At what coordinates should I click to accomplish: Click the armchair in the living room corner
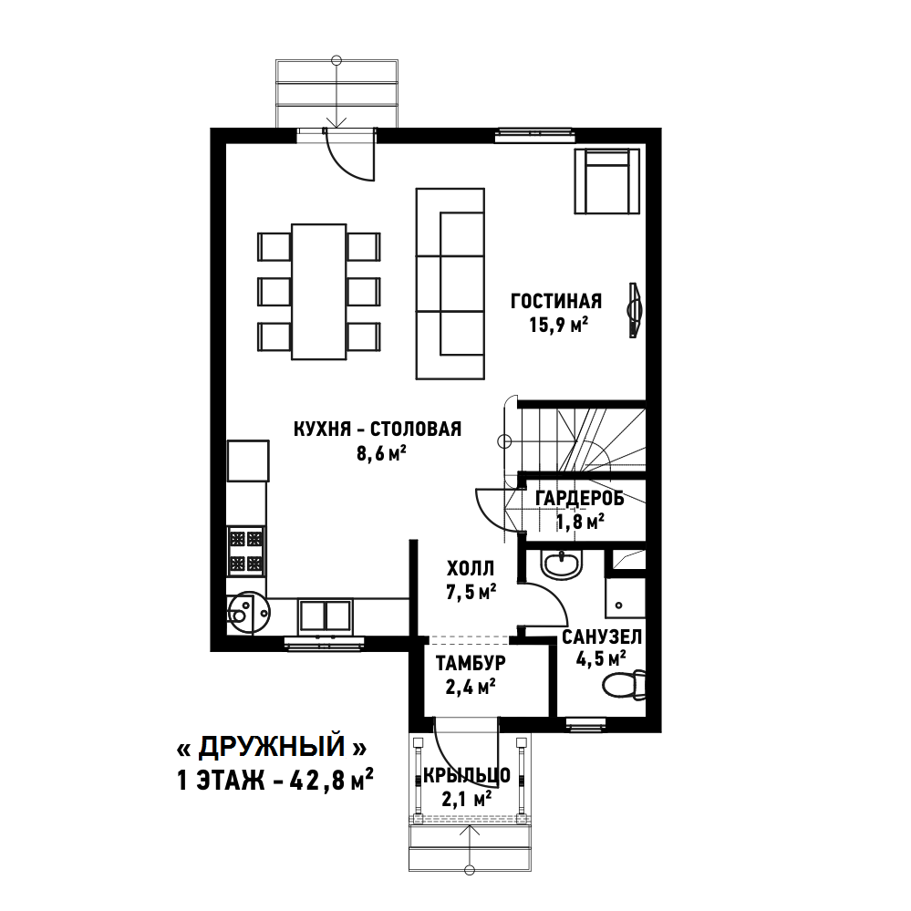point(607,181)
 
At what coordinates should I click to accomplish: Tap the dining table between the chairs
point(319,292)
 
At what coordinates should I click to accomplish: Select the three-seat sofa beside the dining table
point(450,284)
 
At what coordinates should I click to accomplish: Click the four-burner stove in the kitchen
point(246,551)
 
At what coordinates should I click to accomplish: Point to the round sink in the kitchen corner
point(248,613)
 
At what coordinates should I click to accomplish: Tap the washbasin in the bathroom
point(561,564)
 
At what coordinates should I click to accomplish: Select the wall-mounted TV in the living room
point(635,310)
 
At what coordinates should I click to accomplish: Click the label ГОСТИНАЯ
point(556,301)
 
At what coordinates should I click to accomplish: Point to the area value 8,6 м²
point(381,452)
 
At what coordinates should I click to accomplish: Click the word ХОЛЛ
point(471,567)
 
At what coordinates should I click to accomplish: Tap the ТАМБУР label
point(471,662)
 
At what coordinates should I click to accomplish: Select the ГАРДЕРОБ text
point(580,498)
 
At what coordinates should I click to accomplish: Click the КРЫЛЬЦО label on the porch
point(467,775)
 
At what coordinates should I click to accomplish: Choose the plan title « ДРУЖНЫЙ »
point(272,747)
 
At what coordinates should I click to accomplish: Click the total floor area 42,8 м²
point(331,781)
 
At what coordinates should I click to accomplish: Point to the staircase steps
point(581,440)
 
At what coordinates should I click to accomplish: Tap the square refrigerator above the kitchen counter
point(248,461)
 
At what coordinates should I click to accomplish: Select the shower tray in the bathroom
point(626,596)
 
